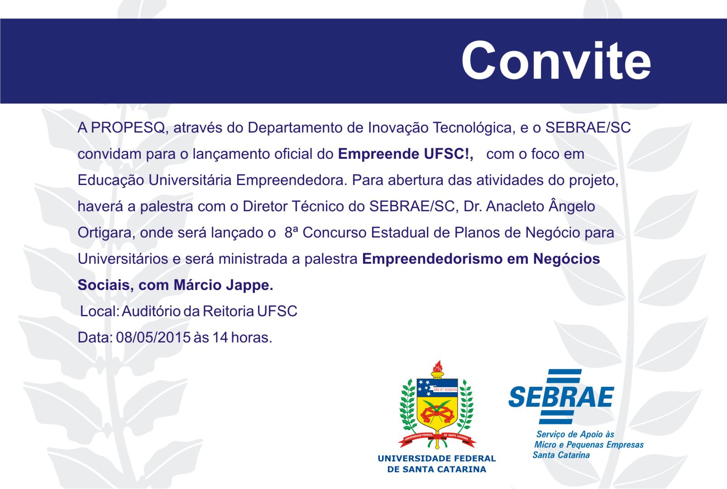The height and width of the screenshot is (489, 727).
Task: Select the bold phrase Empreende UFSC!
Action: click(x=405, y=154)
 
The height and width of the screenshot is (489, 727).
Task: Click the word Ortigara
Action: click(x=106, y=233)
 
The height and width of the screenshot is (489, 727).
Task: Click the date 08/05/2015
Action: click(x=153, y=337)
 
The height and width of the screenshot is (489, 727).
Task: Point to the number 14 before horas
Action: click(x=220, y=337)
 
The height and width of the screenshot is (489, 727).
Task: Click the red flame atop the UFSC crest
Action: click(x=437, y=366)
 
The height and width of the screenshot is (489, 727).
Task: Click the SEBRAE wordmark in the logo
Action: click(x=561, y=397)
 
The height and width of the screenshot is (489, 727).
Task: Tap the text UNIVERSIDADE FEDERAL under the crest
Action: click(x=436, y=459)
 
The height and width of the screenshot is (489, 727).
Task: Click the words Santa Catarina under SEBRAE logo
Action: click(x=561, y=455)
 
